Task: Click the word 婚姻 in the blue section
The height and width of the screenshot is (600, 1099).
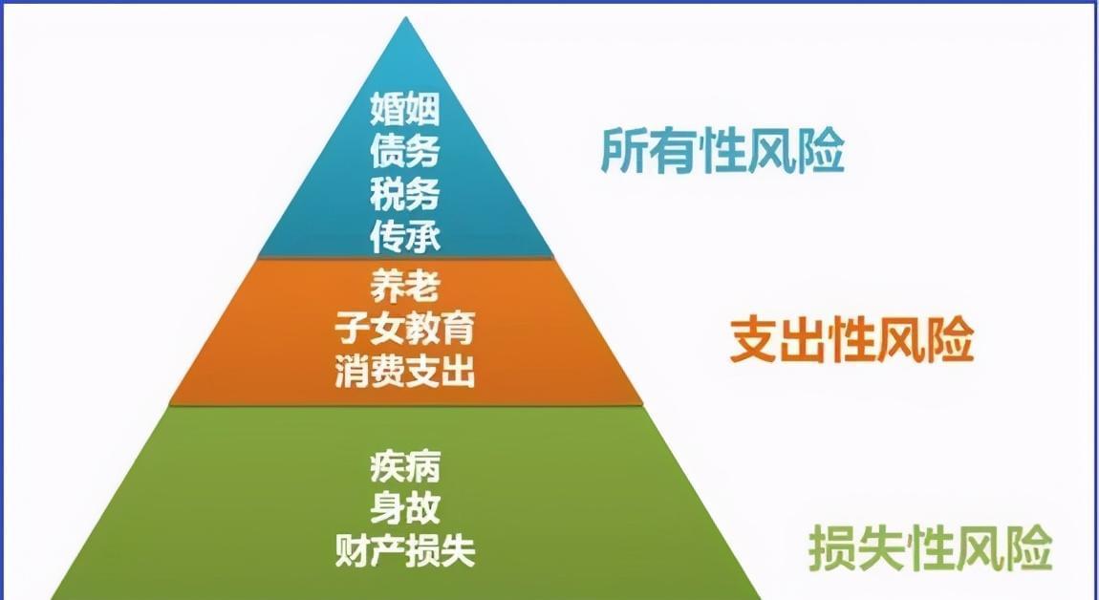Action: click(405, 109)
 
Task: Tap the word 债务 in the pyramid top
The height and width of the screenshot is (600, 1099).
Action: click(405, 151)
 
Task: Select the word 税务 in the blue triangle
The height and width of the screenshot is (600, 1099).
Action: click(405, 193)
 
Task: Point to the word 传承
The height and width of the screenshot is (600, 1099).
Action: click(405, 236)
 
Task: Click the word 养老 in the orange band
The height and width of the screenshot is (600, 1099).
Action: click(405, 287)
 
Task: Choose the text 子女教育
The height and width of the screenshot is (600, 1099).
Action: click(405, 329)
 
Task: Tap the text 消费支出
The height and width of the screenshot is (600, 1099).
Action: click(405, 371)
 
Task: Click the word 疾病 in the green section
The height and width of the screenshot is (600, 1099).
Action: click(405, 466)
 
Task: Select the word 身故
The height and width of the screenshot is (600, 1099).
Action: click(405, 508)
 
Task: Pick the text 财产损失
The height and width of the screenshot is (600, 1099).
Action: click(405, 550)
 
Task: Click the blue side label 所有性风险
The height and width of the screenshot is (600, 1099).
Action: click(722, 150)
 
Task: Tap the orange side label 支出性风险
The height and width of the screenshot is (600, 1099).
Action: click(851, 339)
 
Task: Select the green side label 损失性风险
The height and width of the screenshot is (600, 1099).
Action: click(930, 548)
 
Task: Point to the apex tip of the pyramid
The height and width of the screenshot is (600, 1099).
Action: click(405, 17)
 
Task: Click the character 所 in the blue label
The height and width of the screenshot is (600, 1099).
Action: click(624, 150)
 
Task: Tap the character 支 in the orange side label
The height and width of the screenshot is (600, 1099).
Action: click(753, 339)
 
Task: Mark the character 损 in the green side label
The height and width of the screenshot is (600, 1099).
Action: click(832, 548)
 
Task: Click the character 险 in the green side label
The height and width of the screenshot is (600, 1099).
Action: click(1029, 548)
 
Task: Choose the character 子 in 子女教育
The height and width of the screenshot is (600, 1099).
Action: click(352, 329)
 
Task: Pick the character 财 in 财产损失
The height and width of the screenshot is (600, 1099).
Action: click(352, 550)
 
